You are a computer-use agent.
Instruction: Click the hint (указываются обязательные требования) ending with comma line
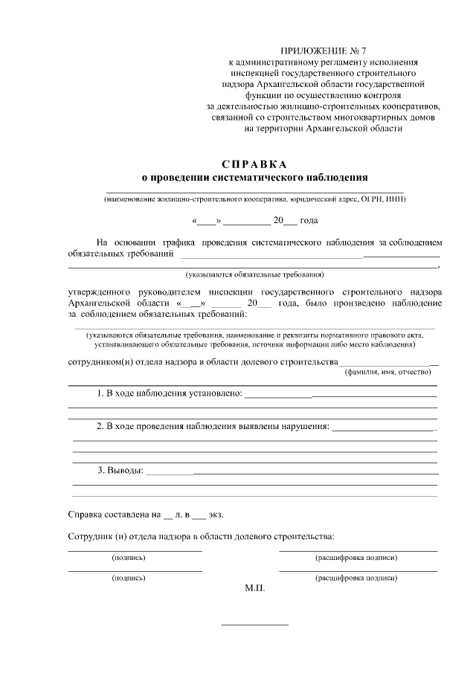(x=255, y=274)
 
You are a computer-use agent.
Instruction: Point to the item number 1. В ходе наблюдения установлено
(x=170, y=393)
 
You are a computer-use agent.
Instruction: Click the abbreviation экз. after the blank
(x=216, y=514)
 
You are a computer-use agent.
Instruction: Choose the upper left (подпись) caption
(x=128, y=557)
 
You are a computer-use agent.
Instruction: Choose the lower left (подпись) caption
(x=128, y=577)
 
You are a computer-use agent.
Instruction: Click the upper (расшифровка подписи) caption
(x=356, y=557)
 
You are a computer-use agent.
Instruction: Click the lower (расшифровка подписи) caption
(x=356, y=577)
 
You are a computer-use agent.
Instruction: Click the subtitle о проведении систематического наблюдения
(x=254, y=178)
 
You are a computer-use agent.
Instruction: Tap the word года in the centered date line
(x=310, y=221)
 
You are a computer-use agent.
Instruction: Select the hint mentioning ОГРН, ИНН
(x=255, y=199)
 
